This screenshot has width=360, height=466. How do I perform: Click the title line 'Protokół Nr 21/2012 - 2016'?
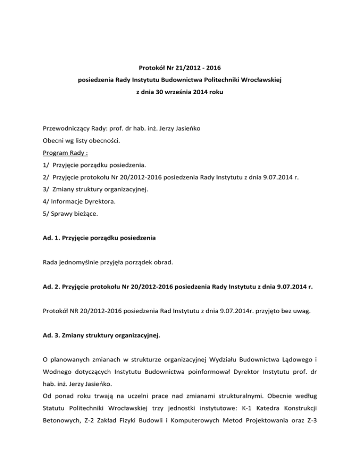[180, 68]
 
